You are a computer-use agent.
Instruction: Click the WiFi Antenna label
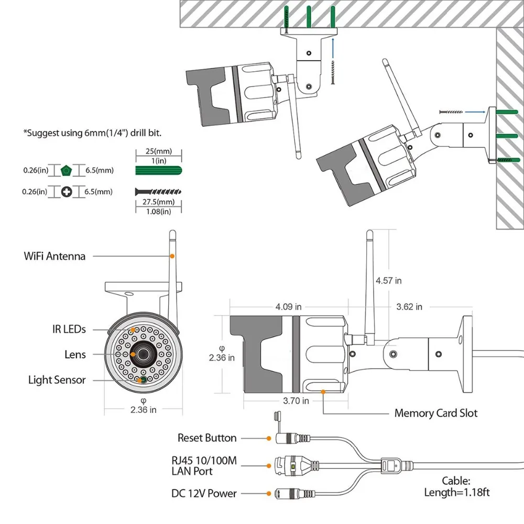pyautogui.click(x=54, y=256)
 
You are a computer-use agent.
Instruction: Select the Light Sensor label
pyautogui.click(x=57, y=380)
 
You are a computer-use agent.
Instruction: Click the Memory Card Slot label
pyautogui.click(x=435, y=413)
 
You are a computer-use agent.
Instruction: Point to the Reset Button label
pyautogui.click(x=207, y=438)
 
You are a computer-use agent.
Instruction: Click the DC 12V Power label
pyautogui.click(x=204, y=493)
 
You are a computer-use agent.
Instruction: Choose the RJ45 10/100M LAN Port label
pyautogui.click(x=204, y=466)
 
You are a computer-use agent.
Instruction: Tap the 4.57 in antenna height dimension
pyautogui.click(x=389, y=281)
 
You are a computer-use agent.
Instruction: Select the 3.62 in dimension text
pyautogui.click(x=409, y=307)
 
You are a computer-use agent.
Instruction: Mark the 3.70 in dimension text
pyautogui.click(x=296, y=401)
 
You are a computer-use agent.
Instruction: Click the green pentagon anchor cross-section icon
pyautogui.click(x=67, y=170)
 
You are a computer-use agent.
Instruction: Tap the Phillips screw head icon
pyautogui.click(x=67, y=192)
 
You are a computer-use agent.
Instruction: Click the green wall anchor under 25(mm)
pyautogui.click(x=158, y=170)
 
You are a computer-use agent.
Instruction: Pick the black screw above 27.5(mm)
pyautogui.click(x=158, y=192)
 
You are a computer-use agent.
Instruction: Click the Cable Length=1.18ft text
pyautogui.click(x=457, y=486)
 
